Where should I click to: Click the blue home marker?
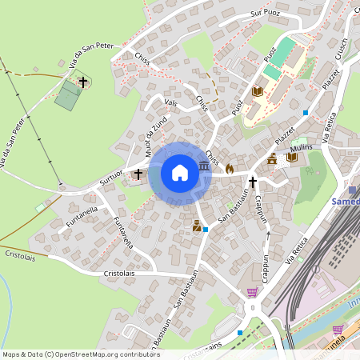point(180,172)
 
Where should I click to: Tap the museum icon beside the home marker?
point(204,166)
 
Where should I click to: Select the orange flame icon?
point(230,169)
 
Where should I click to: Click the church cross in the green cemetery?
point(82,82)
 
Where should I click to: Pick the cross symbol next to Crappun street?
point(253,182)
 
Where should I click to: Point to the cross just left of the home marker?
point(138,173)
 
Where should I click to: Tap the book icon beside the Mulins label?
point(291,158)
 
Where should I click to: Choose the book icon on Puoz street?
point(258,91)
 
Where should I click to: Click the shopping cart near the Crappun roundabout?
point(253,293)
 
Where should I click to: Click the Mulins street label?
point(302,147)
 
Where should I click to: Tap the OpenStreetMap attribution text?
point(81,354)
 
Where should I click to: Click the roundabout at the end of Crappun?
point(253,308)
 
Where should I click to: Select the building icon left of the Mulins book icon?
point(272,160)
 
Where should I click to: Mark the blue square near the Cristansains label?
point(240,333)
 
